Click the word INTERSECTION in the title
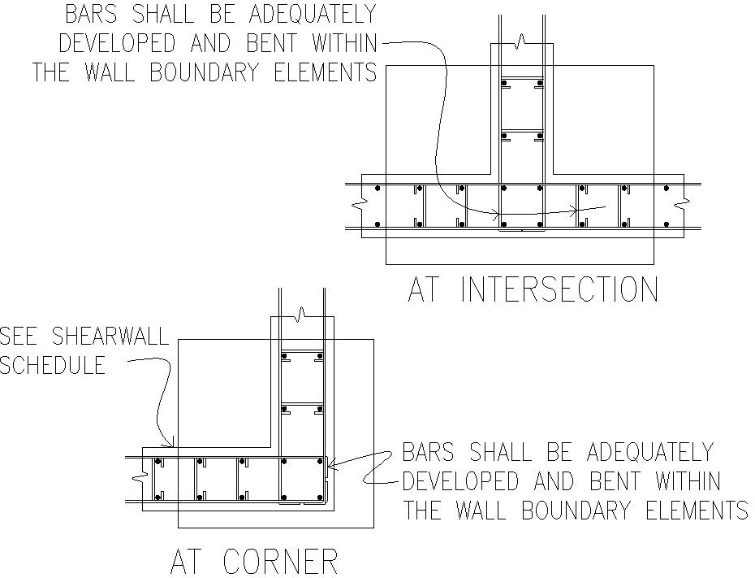(x=559, y=290)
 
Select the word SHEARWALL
(x=111, y=337)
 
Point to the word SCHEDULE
(x=53, y=365)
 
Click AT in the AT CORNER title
(x=189, y=562)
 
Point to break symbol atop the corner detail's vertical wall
(x=302, y=312)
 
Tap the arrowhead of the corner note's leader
(x=328, y=467)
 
